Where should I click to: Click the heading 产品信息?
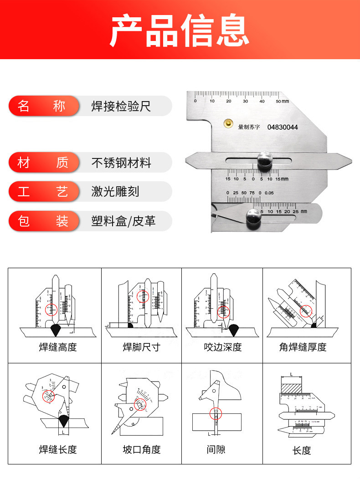180,30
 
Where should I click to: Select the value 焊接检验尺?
121,107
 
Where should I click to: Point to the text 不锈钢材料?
121,163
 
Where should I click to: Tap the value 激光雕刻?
115,192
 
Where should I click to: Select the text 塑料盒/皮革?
123,221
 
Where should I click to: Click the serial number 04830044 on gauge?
283,127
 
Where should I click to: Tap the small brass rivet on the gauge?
226,123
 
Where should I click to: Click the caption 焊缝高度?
57,347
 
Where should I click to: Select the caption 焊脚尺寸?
141,347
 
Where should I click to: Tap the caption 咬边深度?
222,347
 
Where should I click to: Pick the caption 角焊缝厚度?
303,347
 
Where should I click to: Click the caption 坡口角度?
141,450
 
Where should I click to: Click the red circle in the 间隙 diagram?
216,414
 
